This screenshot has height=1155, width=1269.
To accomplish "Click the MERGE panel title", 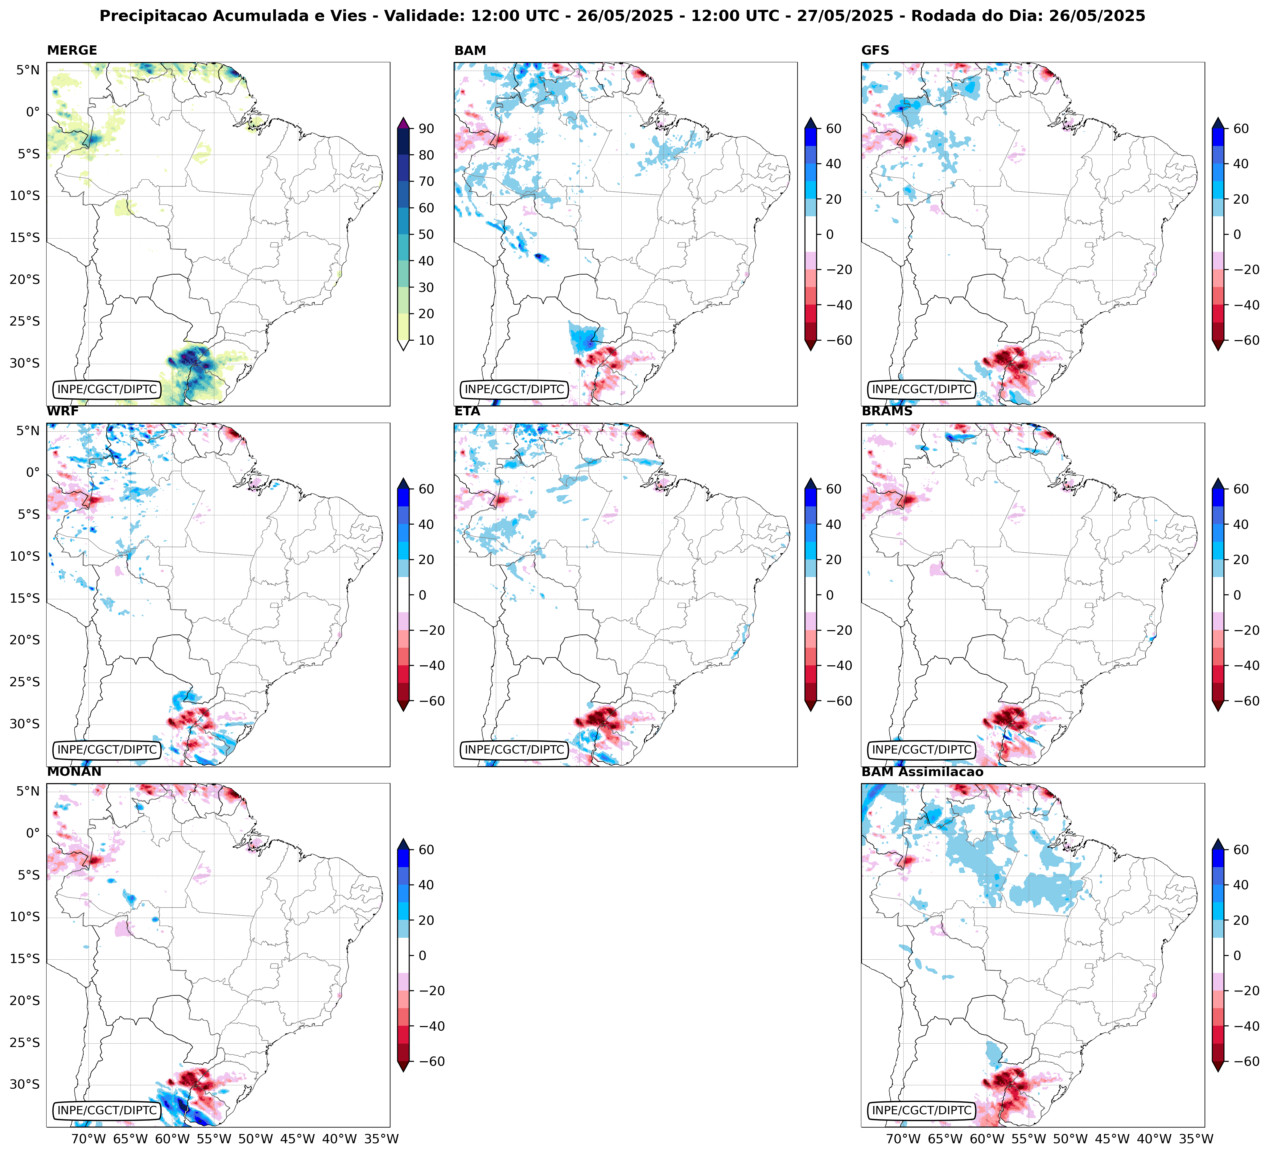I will click(72, 50).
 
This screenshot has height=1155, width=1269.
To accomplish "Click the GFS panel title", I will click(875, 50).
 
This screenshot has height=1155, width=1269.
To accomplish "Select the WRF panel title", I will click(62, 411).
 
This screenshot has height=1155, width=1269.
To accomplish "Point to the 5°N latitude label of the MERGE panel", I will click(28, 70).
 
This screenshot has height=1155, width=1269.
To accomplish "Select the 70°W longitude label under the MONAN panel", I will click(88, 1139).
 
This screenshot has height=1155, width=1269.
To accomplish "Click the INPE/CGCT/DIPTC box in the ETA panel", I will click(514, 750).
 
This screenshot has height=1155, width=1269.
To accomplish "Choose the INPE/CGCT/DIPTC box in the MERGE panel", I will click(107, 389).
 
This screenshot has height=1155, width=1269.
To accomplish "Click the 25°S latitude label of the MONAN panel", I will click(25, 1042).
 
